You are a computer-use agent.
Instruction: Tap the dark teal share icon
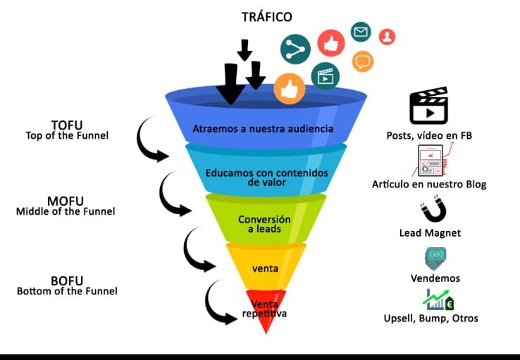(295, 48)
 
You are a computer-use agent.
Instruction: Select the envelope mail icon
(361, 32)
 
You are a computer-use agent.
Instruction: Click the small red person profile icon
(387, 37)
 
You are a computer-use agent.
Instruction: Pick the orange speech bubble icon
(363, 61)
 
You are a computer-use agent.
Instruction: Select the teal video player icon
(325, 75)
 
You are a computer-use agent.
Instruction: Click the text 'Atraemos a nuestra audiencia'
(263, 130)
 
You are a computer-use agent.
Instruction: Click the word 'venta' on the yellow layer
(265, 268)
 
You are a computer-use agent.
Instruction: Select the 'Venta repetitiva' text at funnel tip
(264, 309)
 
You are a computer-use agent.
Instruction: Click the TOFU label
(66, 125)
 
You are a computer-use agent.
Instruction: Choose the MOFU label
(65, 201)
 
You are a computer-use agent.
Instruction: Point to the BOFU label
(67, 280)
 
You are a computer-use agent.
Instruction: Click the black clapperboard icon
(429, 106)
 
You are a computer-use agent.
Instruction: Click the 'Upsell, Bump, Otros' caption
(431, 318)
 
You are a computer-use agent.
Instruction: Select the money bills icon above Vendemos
(434, 258)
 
